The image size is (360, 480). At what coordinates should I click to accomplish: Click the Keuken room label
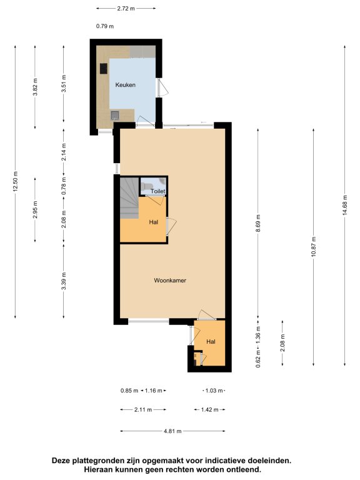pyautogui.click(x=125, y=85)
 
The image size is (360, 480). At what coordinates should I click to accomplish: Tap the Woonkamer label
pyautogui.click(x=170, y=281)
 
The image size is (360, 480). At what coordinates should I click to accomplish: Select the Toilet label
pyautogui.click(x=158, y=191)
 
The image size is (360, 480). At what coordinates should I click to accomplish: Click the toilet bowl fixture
pyautogui.click(x=147, y=186)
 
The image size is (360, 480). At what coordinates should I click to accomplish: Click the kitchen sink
pyautogui.click(x=114, y=115)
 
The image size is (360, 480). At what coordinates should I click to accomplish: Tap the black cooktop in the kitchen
pyautogui.click(x=104, y=69)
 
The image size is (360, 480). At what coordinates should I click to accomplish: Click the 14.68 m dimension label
pyautogui.click(x=345, y=205)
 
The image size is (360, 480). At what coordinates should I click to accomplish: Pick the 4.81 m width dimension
pyautogui.click(x=172, y=431)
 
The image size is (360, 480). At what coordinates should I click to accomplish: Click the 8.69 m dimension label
pyautogui.click(x=258, y=224)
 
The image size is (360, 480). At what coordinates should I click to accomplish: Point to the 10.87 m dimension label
pyautogui.click(x=314, y=247)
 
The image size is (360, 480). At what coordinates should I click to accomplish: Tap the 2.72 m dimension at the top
pyautogui.click(x=126, y=8)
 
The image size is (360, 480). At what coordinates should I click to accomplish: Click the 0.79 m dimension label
pyautogui.click(x=105, y=26)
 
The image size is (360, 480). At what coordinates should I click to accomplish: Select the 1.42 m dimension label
pyautogui.click(x=210, y=409)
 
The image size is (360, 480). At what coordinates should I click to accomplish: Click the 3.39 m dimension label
pyautogui.click(x=64, y=281)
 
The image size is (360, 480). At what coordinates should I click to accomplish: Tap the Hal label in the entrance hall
pyautogui.click(x=211, y=342)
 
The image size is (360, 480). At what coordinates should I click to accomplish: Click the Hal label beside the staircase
pyautogui.click(x=154, y=222)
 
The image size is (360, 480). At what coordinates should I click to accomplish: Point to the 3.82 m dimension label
pyautogui.click(x=35, y=87)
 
